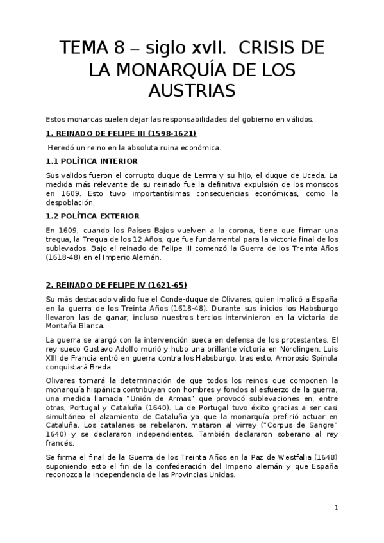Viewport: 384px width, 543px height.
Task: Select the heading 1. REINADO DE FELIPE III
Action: tap(121, 134)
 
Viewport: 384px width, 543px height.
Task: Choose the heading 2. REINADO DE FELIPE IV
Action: tap(117, 285)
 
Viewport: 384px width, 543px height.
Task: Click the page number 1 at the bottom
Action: tap(336, 508)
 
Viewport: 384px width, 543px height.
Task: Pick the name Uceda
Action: tap(308, 175)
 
